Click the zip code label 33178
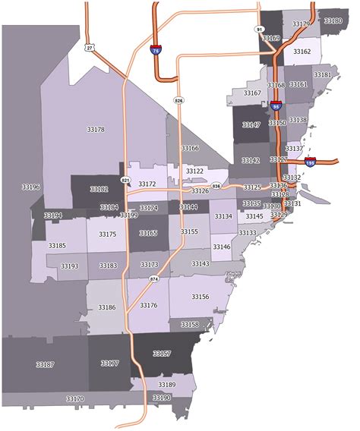tap(96, 130)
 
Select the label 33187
tap(45, 364)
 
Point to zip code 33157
tap(162, 354)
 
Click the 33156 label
tap(201, 297)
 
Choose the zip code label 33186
tap(107, 307)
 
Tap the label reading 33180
tap(333, 20)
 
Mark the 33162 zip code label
tap(302, 52)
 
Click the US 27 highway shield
tap(90, 47)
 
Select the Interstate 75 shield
tap(156, 50)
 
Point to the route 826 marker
tap(178, 100)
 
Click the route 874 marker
tap(154, 279)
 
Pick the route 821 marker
tap(125, 180)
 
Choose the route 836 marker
tap(216, 185)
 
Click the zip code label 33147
tap(251, 124)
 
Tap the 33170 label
tap(75, 398)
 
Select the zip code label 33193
tap(69, 266)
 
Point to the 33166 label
tap(190, 148)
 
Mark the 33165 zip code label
tap(149, 233)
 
